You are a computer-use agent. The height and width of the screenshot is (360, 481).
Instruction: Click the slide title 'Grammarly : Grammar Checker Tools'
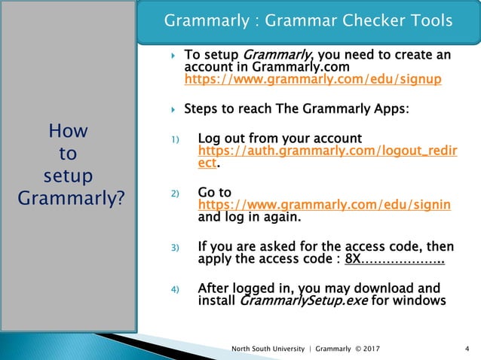coord(308,20)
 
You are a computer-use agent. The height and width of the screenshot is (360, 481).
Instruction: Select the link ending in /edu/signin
coord(323,205)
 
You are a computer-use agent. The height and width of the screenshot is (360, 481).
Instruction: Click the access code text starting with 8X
coord(394,260)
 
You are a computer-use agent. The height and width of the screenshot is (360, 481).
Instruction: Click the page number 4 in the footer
coord(468,348)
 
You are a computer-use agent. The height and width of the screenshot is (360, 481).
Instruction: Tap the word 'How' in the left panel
coord(68,132)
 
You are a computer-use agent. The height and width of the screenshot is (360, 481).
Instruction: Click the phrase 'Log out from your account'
coord(280,139)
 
